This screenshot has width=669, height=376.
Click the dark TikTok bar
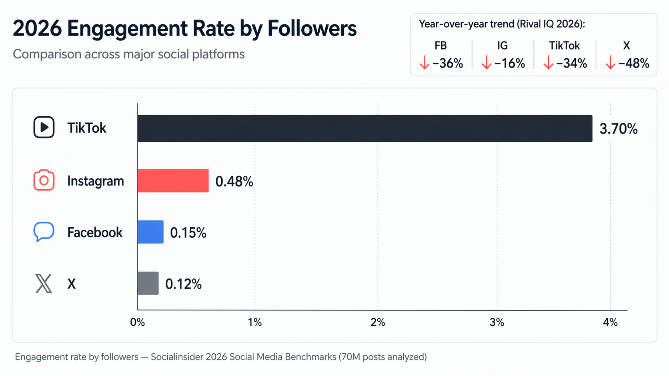(x=365, y=128)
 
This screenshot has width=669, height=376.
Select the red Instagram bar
(x=173, y=181)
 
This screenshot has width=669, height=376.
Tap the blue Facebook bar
(x=150, y=232)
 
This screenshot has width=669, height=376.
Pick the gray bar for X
(x=148, y=283)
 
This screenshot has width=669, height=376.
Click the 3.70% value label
(x=618, y=129)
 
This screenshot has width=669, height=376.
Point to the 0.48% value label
(x=234, y=181)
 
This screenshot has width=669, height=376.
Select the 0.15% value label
(x=188, y=233)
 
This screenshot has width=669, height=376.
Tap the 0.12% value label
(x=183, y=284)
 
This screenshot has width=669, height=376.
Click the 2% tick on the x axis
(x=378, y=322)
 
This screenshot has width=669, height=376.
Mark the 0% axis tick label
(x=137, y=322)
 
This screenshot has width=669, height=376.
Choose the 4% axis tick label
(x=610, y=322)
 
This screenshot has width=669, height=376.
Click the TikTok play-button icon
(x=44, y=127)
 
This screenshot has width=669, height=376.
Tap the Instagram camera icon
(x=44, y=180)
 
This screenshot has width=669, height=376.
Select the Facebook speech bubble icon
(x=44, y=231)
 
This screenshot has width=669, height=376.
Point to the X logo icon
(x=44, y=283)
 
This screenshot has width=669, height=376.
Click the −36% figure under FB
(x=447, y=63)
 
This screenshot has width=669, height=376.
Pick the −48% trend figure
(x=633, y=63)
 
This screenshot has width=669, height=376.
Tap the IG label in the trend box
(x=502, y=46)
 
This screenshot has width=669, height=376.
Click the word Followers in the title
(x=312, y=28)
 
